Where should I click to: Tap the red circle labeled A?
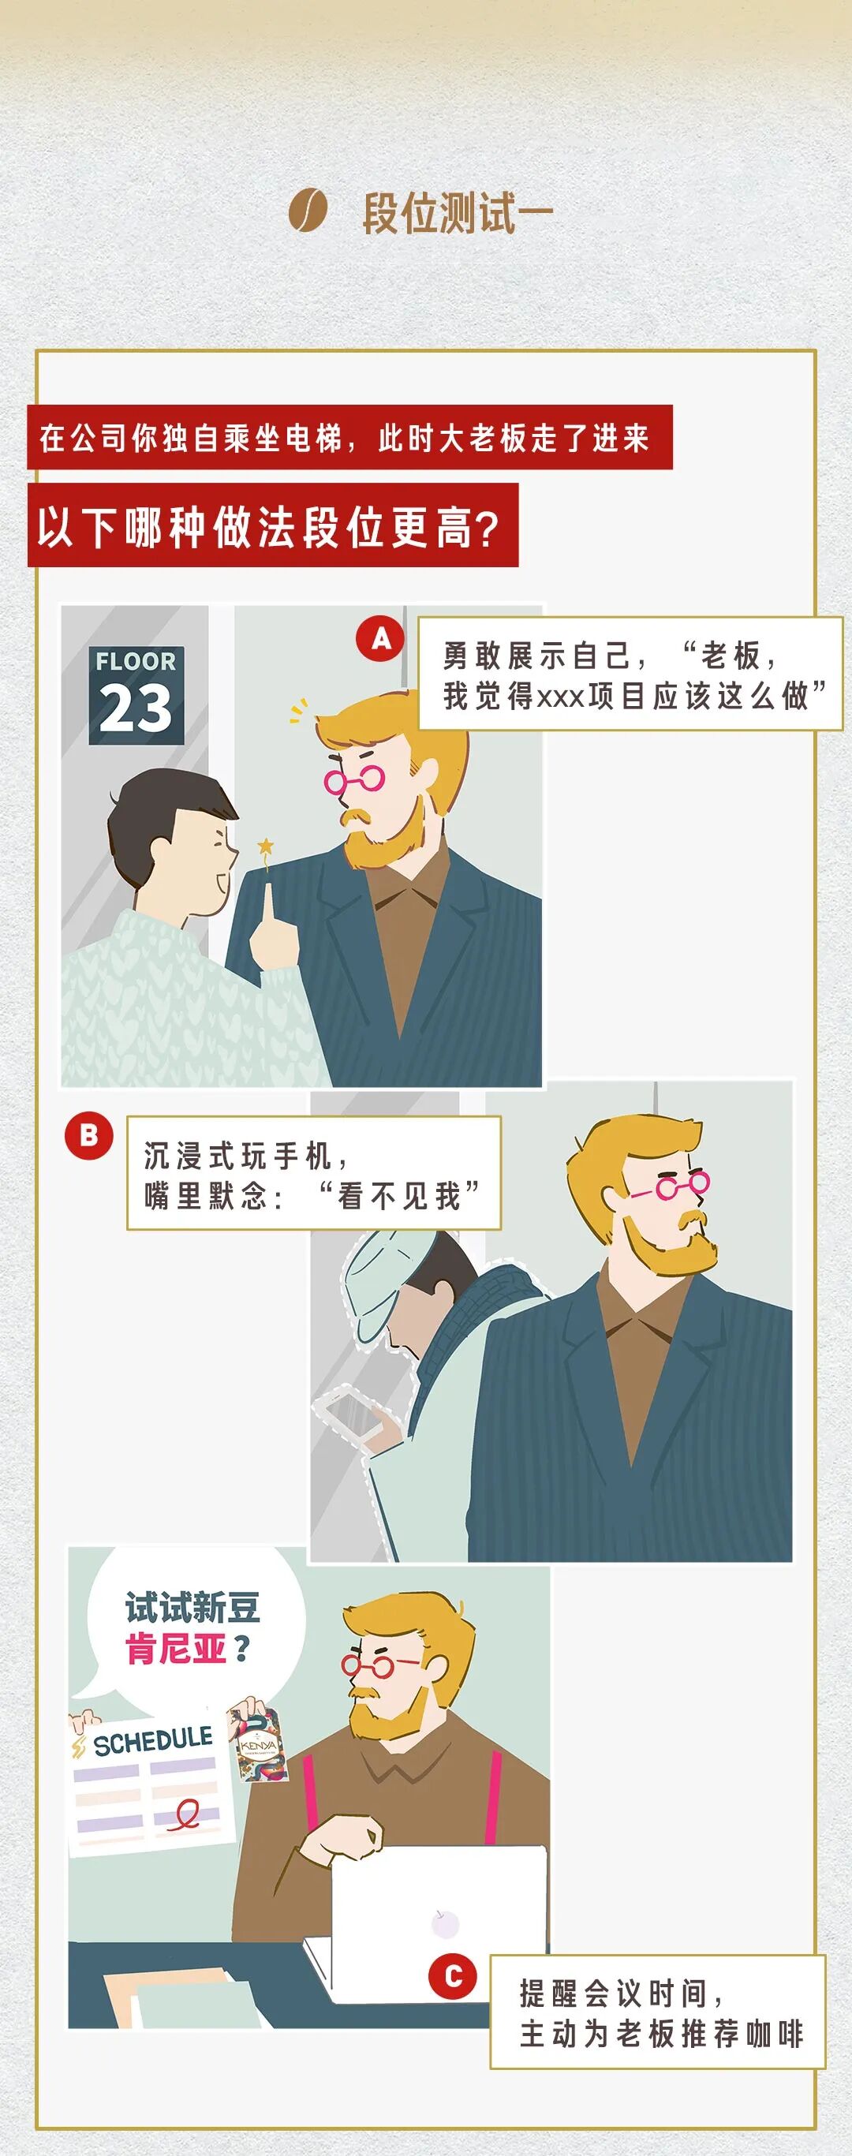[381, 640]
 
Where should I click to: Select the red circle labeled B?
[88, 1136]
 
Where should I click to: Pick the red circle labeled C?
[453, 1977]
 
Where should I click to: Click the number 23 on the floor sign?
[136, 708]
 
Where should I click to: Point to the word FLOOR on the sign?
[136, 661]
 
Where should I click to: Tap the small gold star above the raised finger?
[265, 847]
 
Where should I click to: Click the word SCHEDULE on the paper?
[153, 1743]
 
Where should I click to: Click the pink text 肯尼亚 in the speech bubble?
[176, 1649]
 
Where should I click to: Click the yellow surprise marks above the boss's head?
[298, 711]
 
